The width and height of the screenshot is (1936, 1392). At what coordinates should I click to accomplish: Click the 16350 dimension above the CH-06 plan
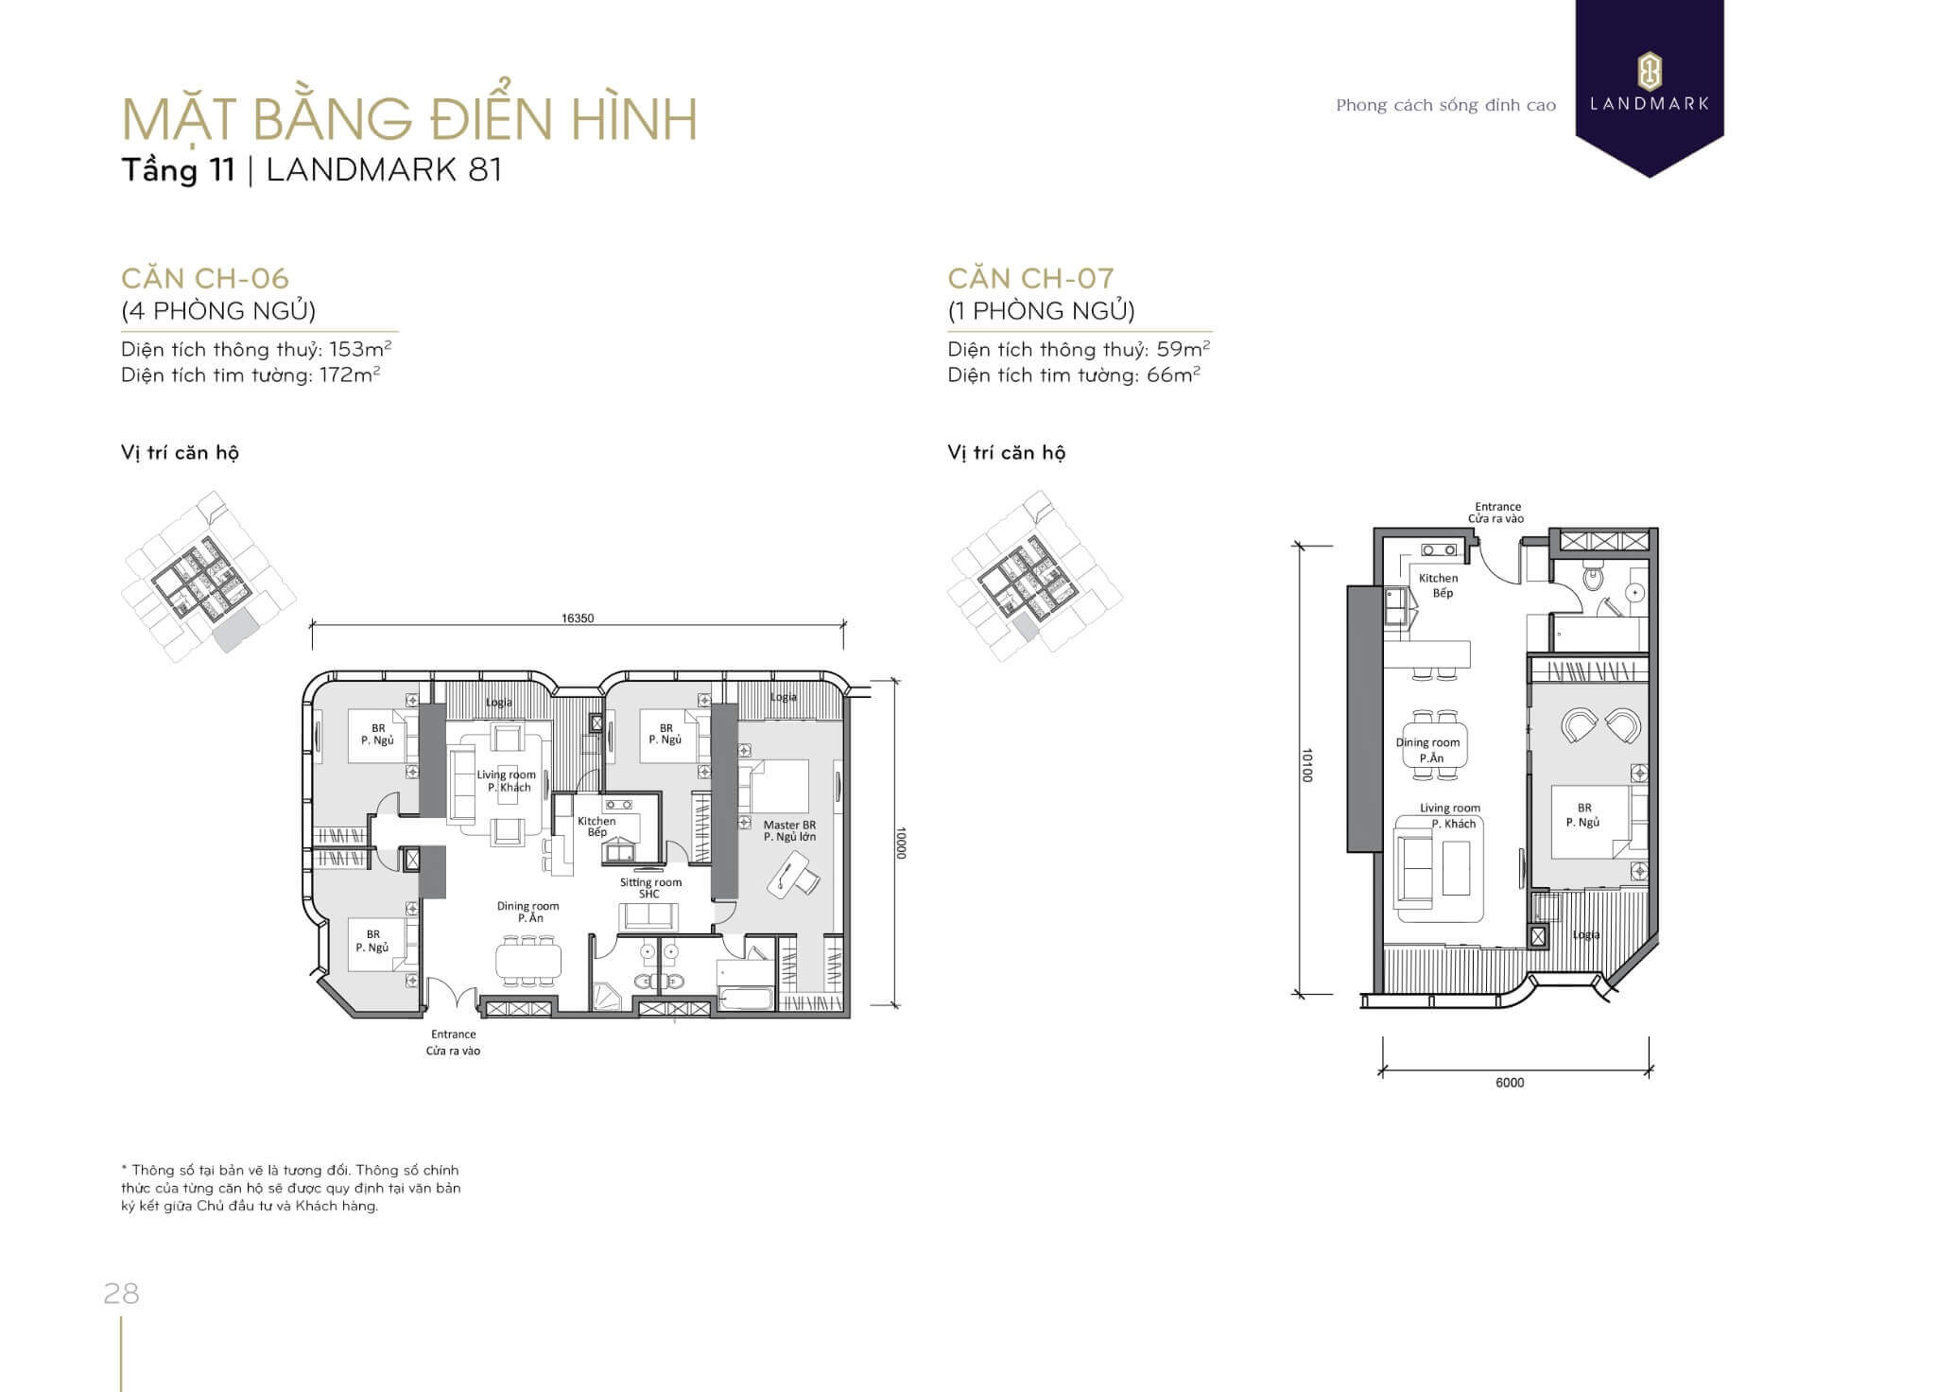(578, 618)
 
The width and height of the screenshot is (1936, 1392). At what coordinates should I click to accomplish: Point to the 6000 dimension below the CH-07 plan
(1510, 1083)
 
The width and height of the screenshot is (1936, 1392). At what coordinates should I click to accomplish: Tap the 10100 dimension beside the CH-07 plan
(1307, 765)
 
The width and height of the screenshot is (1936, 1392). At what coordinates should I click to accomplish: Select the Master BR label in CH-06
(789, 825)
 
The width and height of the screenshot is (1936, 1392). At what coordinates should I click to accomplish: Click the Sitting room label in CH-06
(650, 882)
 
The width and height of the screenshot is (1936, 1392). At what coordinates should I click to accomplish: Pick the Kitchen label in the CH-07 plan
(1438, 578)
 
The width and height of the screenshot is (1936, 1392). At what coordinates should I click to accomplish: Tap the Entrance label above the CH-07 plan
(1497, 507)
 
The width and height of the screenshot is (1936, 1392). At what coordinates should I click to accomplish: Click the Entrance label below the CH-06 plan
(454, 1035)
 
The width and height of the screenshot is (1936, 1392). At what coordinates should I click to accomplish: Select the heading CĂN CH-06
(205, 278)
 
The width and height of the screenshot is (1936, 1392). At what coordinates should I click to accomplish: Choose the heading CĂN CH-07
(1031, 278)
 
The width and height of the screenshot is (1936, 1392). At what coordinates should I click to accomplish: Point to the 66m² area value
(1174, 374)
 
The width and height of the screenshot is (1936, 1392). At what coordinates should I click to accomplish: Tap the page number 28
(122, 1294)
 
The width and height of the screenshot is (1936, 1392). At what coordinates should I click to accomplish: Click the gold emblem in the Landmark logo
(1650, 71)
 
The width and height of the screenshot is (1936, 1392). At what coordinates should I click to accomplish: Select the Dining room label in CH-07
(1427, 742)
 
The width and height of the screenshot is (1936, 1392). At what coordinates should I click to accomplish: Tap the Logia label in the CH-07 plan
(1586, 934)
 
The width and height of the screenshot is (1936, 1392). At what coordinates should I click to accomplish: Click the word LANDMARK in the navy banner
(1650, 104)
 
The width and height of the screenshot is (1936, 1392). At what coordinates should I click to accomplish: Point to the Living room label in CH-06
(506, 774)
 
